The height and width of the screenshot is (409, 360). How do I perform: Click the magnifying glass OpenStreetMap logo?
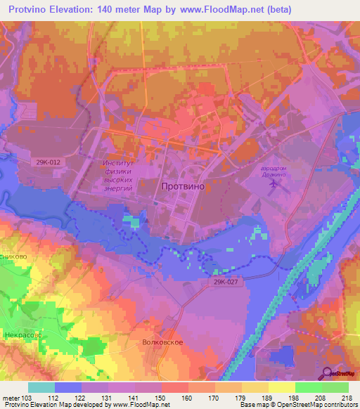point(328,373)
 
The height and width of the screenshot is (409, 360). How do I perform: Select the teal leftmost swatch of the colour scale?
point(41,387)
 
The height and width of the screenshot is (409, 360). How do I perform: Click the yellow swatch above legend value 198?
point(282,387)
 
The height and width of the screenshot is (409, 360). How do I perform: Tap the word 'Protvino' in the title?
point(32,10)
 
